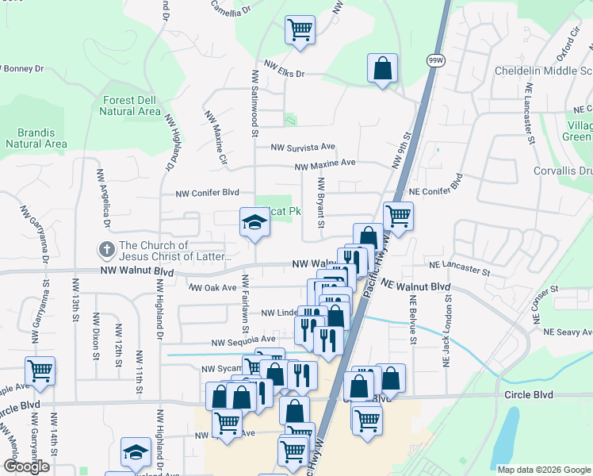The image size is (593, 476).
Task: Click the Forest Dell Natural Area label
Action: click(131, 106)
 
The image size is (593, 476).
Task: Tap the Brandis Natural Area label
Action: click(36, 138)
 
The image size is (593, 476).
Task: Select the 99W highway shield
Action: click(435, 60)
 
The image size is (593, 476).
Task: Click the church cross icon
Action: click(105, 251)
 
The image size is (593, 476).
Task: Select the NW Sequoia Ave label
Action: click(243, 342)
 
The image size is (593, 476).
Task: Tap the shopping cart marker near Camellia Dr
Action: click(300, 30)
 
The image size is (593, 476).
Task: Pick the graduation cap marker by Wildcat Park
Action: click(255, 221)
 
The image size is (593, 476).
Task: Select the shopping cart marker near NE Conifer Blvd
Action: click(398, 215)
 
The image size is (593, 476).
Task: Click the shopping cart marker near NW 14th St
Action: click(40, 370)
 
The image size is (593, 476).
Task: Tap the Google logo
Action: click(26, 466)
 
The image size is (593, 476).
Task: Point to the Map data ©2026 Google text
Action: click(544, 470)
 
